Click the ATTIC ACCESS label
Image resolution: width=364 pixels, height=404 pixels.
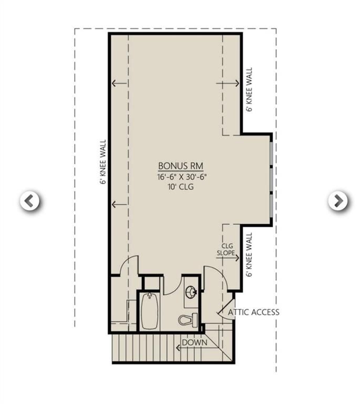(254, 312)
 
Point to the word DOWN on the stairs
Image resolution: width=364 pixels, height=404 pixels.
(194, 343)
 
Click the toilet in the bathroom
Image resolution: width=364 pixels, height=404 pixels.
(188, 319)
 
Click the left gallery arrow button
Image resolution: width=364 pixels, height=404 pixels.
(30, 200)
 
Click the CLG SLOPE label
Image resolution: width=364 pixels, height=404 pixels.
(226, 249)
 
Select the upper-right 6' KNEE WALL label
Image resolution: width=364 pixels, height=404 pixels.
(249, 89)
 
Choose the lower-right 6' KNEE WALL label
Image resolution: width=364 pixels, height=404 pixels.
(249, 255)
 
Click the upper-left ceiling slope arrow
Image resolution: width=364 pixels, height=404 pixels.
(119, 83)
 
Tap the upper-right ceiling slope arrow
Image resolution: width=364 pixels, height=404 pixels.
(228, 83)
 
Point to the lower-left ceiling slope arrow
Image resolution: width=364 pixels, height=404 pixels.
(119, 204)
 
